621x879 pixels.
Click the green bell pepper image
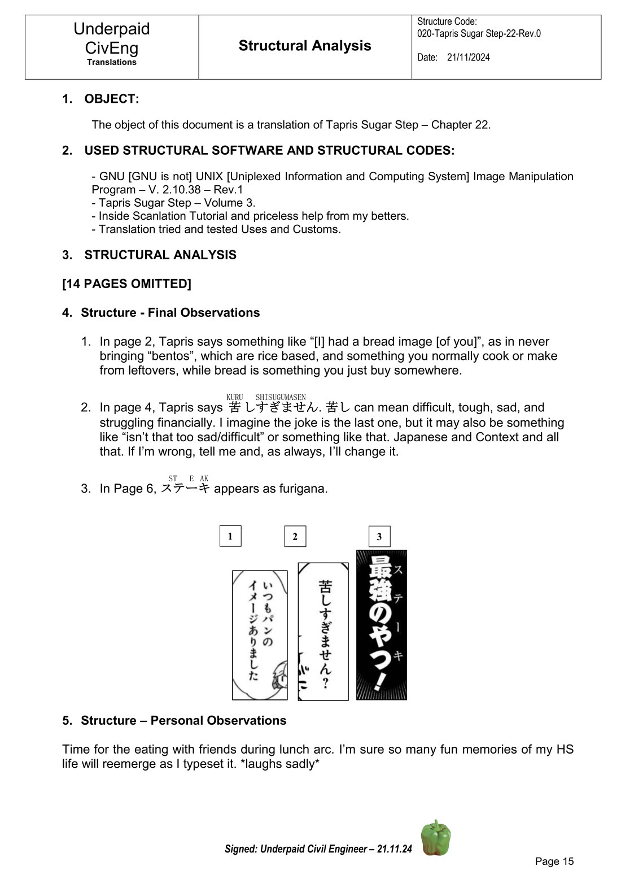pos(436,838)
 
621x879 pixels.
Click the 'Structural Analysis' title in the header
pos(305,46)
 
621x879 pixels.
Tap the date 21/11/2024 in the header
pos(468,58)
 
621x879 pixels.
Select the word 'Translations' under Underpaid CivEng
pos(112,63)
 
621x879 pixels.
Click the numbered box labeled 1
pos(230,536)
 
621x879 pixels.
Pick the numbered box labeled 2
pos(295,536)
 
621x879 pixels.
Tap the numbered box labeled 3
pos(379,536)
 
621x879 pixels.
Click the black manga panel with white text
pos(382,625)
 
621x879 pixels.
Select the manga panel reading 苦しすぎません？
pos(323,631)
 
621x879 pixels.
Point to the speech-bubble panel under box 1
pos(260,635)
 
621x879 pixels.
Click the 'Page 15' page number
pos(554,861)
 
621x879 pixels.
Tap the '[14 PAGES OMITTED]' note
pos(126,284)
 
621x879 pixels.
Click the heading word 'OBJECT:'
pos(112,99)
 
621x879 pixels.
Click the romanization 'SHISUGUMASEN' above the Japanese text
pos(280,398)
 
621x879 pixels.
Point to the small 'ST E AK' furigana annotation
pos(188,478)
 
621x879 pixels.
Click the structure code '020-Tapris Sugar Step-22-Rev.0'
pos(479,33)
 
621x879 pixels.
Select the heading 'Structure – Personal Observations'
pos(183,721)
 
